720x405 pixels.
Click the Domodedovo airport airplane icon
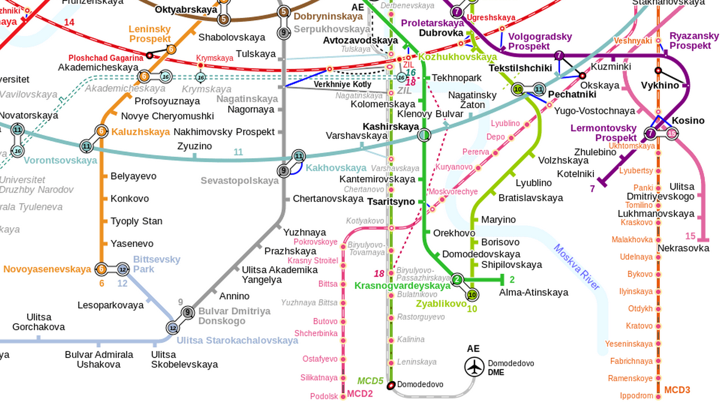(x=474, y=367)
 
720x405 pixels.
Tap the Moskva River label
(x=576, y=267)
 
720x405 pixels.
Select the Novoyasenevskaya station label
(x=47, y=269)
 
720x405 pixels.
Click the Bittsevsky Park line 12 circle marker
(x=123, y=269)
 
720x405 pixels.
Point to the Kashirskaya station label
(x=390, y=127)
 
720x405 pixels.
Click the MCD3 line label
(x=677, y=390)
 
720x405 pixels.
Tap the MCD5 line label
(x=370, y=381)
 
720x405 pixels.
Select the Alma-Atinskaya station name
(x=533, y=292)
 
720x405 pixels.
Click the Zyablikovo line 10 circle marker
(x=472, y=295)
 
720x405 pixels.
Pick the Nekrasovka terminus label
(x=683, y=248)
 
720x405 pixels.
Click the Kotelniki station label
(x=575, y=174)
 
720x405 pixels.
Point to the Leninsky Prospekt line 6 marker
(x=171, y=49)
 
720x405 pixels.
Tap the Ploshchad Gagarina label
(x=106, y=58)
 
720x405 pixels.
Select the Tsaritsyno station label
(x=391, y=202)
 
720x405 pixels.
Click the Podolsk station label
(x=324, y=396)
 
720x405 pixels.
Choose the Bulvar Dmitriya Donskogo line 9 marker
(x=187, y=312)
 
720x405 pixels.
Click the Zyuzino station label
(x=194, y=146)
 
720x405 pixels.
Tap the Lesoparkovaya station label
(x=110, y=305)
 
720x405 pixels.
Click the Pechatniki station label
(x=572, y=94)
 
